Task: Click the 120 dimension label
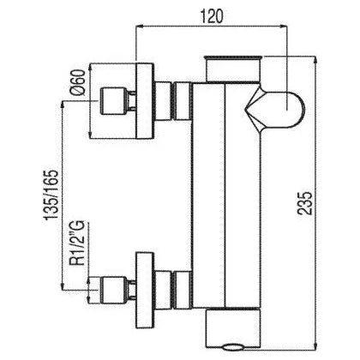[x=212, y=15]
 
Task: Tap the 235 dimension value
[x=304, y=203]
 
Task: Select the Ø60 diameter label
[x=79, y=82]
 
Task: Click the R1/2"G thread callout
[x=77, y=243]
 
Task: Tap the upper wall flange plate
[x=145, y=101]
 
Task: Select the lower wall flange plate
[x=145, y=290]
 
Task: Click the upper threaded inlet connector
[x=112, y=101]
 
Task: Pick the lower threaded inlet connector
[x=112, y=290]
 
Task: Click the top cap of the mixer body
[x=233, y=69]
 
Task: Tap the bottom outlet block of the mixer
[x=233, y=327]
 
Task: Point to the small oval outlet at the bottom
[x=233, y=347]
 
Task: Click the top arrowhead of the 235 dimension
[x=315, y=59]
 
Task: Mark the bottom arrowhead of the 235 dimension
[x=315, y=344]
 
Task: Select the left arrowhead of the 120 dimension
[x=139, y=27]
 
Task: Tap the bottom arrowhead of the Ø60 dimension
[x=90, y=135]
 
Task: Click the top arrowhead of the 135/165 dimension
[x=63, y=105]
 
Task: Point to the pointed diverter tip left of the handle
[x=246, y=110]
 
